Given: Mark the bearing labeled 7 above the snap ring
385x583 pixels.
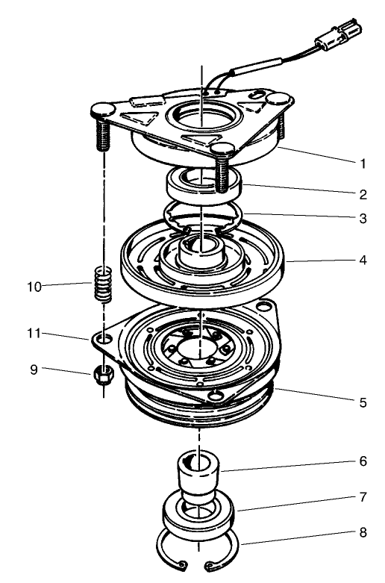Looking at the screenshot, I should tap(198, 516).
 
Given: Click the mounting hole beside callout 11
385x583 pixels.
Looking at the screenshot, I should tap(104, 340).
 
